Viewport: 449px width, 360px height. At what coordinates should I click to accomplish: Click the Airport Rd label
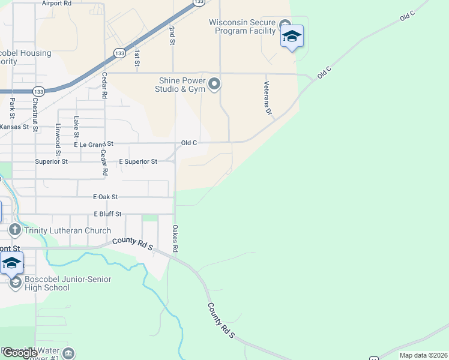tap(57, 3)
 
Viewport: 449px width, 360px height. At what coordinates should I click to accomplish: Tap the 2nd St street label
tap(172, 35)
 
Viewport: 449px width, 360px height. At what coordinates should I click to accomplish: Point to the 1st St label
tap(137, 58)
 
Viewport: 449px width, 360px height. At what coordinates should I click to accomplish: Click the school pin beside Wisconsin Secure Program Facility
tap(292, 37)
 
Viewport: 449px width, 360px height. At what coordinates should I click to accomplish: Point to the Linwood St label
tap(58, 140)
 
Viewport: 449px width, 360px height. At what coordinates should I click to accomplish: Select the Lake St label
tap(76, 127)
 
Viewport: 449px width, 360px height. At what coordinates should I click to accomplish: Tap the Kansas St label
tap(14, 127)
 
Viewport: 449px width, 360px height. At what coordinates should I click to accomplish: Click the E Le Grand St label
tap(94, 145)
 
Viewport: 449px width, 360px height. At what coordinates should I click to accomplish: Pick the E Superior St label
tap(138, 162)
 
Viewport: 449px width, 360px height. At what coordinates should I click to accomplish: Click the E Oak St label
tap(106, 197)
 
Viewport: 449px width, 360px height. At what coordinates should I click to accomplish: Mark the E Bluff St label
tap(107, 214)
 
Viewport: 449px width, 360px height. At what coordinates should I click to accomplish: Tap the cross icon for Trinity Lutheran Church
tap(16, 230)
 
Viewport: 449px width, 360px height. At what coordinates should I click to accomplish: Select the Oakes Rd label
tap(175, 238)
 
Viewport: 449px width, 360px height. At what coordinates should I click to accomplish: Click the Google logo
tap(20, 353)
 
